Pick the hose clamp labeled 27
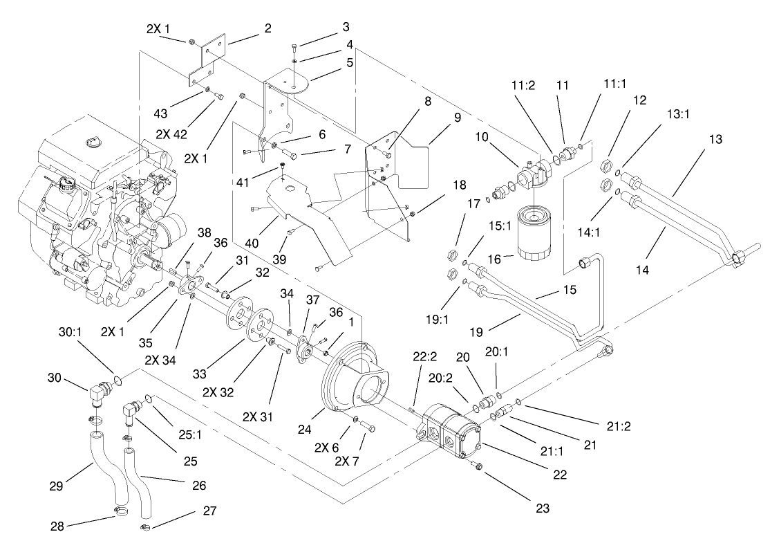tap(147, 529)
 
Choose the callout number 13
tap(715, 140)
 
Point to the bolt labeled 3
tap(295, 49)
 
